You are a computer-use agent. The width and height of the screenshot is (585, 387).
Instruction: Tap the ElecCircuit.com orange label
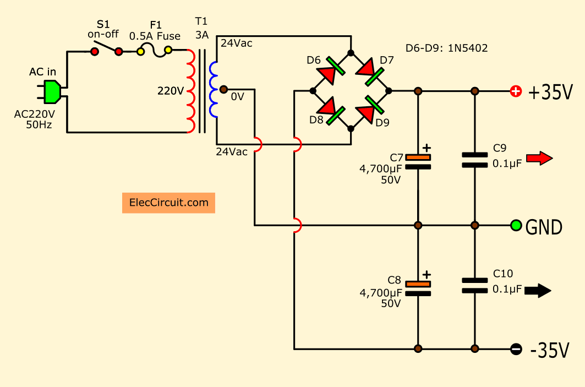[x=168, y=203]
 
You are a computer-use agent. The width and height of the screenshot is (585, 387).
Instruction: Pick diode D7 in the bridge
[x=369, y=71]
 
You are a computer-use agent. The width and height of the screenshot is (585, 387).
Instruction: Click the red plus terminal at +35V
[x=516, y=91]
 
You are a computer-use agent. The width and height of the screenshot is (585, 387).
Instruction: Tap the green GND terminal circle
[x=516, y=225]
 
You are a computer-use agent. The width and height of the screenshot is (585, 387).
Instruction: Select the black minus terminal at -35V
[x=516, y=349]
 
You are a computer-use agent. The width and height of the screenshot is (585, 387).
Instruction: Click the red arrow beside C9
[x=539, y=158]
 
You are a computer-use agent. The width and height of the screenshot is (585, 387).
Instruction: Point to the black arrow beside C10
[x=538, y=290]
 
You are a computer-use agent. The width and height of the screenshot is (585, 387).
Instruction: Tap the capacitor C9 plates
[x=474, y=160]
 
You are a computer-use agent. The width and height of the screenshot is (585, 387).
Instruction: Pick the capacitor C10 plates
[x=474, y=286]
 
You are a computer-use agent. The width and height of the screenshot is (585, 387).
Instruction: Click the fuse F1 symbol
[x=155, y=51]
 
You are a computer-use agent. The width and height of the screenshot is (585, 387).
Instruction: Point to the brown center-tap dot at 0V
[x=223, y=89]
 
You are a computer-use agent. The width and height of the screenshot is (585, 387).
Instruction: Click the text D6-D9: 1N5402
[x=446, y=48]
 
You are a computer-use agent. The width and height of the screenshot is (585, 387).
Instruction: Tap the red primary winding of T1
[x=190, y=91]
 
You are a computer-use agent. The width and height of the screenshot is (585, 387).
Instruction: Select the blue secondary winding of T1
[x=214, y=90]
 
